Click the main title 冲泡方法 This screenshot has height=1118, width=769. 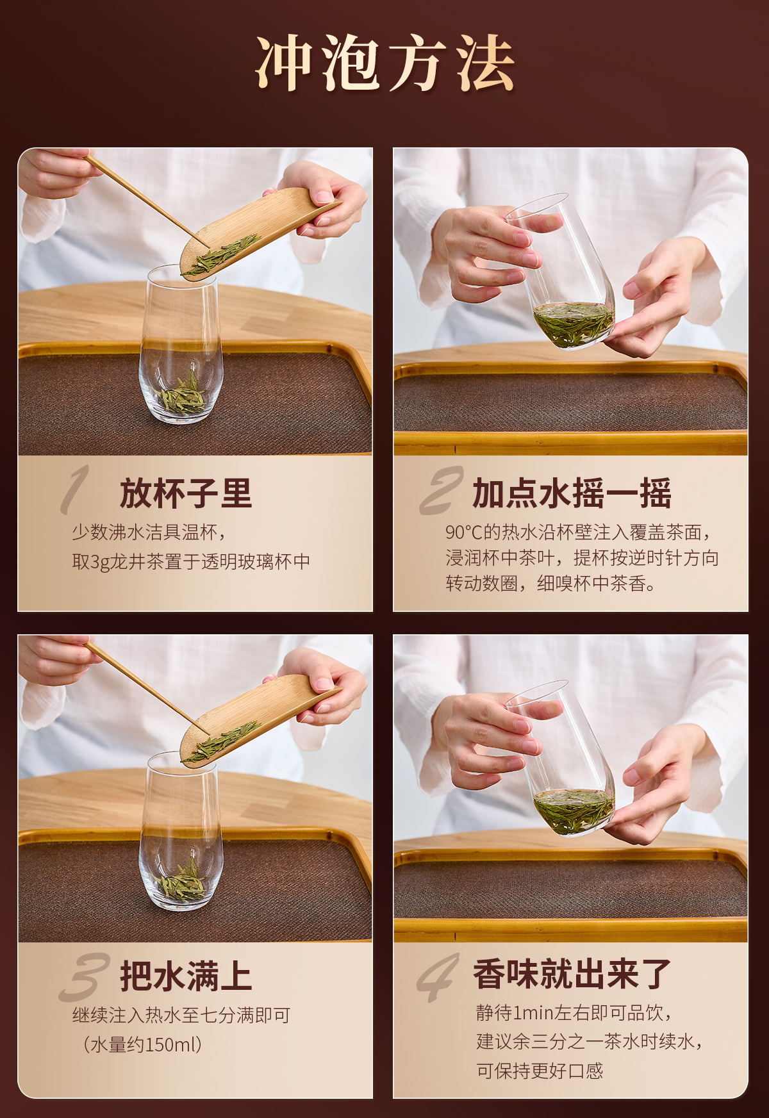point(385,63)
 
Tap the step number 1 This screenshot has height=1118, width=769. point(76,490)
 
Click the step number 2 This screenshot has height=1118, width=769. point(441,491)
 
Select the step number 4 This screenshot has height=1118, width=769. point(438,977)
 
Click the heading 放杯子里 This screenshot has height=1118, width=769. point(186,493)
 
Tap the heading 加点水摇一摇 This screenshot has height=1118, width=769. point(572,493)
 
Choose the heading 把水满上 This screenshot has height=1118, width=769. point(186,976)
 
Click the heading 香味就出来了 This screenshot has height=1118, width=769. point(572,974)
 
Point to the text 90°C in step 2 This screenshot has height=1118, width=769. point(463,532)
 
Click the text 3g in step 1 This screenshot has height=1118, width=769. point(100,562)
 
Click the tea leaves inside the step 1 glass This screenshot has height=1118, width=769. point(181,394)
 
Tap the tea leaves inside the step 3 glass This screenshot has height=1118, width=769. point(181,881)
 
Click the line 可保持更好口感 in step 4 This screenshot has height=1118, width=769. point(540,1071)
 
